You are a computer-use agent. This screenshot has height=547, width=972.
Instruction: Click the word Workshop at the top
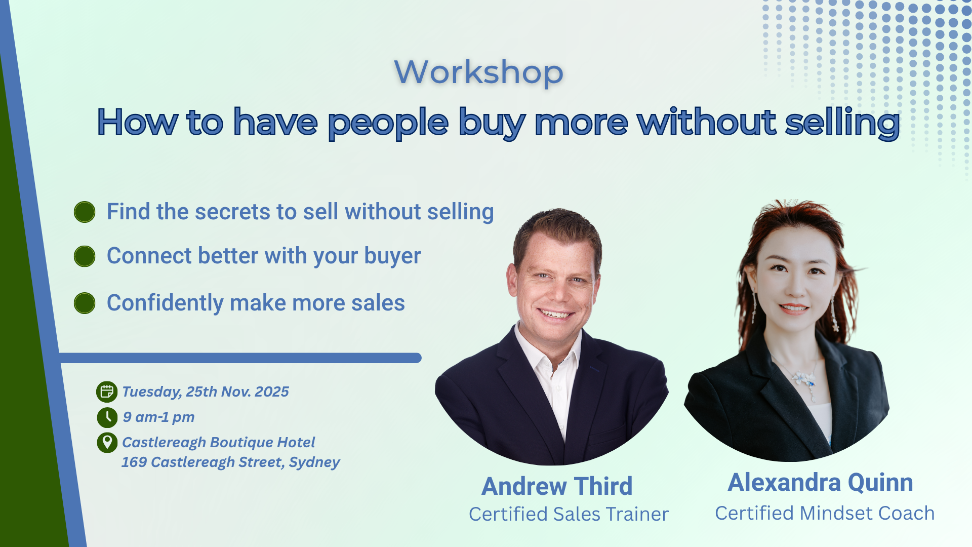478,72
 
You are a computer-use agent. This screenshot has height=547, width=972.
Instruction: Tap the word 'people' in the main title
388,124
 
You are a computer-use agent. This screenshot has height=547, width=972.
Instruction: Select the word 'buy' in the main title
492,123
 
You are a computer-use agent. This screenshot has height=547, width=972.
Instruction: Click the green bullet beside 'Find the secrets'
85,212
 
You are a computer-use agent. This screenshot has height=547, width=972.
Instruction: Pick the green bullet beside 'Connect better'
85,256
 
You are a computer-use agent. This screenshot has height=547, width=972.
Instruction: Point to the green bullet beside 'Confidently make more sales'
85,303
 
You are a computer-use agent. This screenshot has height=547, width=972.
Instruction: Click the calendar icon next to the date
107,392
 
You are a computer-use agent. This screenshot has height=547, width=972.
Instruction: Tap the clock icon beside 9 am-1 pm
107,417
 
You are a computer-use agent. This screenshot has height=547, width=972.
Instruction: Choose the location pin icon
107,443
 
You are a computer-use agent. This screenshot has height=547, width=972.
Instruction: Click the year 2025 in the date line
272,392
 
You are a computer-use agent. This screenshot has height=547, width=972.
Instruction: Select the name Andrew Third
557,486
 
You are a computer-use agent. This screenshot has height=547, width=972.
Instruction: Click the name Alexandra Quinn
821,482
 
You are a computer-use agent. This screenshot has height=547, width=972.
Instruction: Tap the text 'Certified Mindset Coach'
825,513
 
